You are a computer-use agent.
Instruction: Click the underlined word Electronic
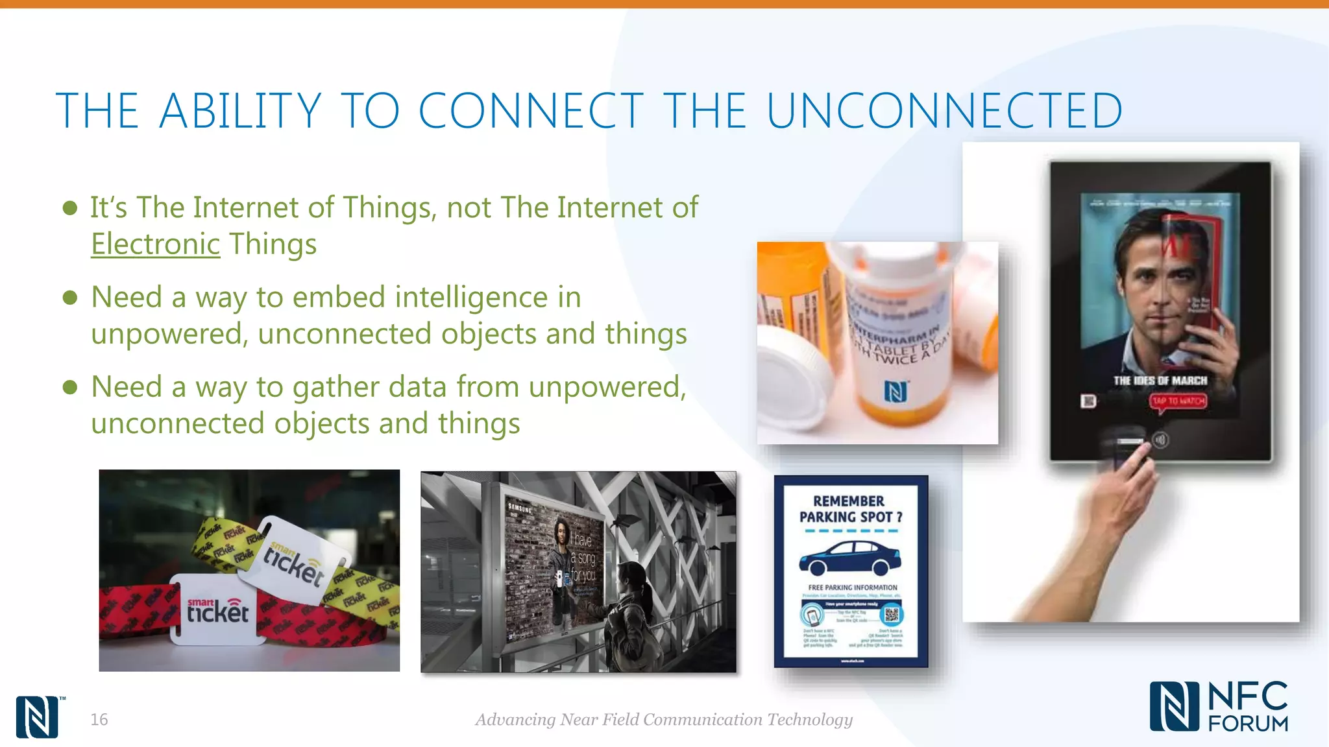[155, 244]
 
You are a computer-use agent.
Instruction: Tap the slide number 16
[99, 719]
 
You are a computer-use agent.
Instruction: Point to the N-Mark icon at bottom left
[37, 717]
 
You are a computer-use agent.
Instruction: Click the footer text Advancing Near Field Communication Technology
[663, 719]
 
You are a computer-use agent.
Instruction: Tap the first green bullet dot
[70, 208]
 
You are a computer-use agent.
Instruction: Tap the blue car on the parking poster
[849, 558]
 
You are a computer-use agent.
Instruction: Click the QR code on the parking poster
[892, 613]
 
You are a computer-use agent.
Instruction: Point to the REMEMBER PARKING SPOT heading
[850, 509]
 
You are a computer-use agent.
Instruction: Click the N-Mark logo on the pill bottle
[896, 392]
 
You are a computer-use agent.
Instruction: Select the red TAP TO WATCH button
[1178, 401]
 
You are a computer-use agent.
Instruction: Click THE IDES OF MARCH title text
[1160, 381]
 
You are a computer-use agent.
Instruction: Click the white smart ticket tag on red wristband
[217, 609]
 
